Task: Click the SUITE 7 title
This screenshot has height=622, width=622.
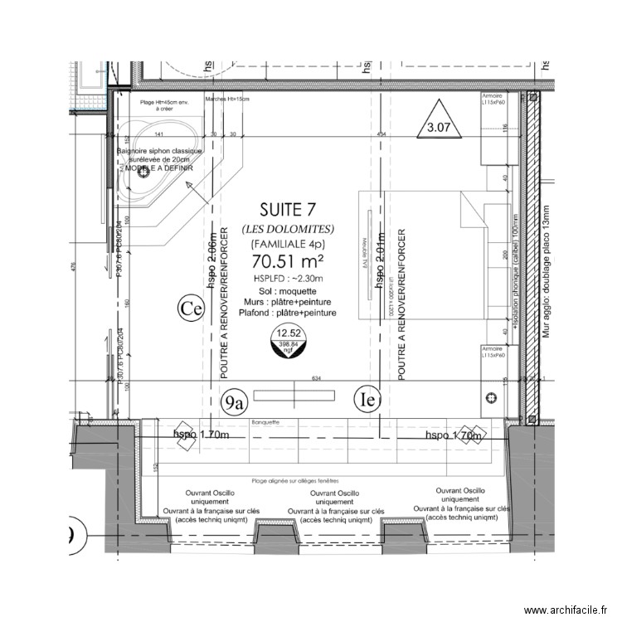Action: pos(287,209)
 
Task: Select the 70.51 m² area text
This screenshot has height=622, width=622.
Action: pos(288,261)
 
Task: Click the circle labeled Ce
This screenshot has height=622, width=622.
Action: pos(191,309)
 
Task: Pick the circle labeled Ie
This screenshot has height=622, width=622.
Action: pos(367,400)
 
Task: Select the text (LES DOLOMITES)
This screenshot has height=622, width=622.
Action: pos(288,228)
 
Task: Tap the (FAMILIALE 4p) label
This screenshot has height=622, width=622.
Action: pos(288,244)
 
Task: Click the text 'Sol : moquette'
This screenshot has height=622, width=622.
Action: pos(287,291)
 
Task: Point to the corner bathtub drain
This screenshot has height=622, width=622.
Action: pos(142,172)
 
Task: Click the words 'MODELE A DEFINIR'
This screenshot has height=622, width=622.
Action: pos(155,167)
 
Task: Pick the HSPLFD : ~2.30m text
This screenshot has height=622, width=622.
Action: pos(288,278)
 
